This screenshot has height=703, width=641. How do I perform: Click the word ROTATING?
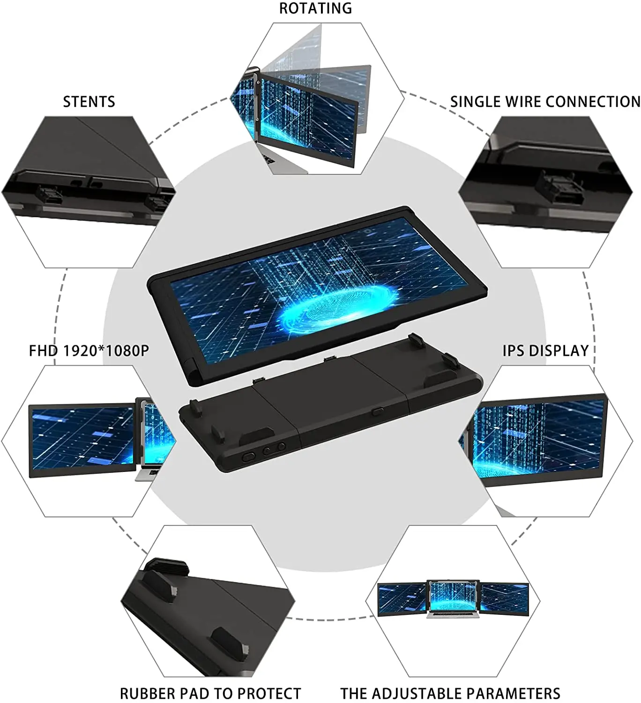(315, 8)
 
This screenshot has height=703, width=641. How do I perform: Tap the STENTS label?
(89, 102)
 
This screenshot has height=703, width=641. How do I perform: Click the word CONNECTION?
(593, 102)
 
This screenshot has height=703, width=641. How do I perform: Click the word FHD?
(44, 351)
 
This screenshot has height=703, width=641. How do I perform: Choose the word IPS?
(514, 351)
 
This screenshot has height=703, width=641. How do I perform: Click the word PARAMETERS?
(514, 694)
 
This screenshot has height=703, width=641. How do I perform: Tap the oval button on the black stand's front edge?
(248, 456)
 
